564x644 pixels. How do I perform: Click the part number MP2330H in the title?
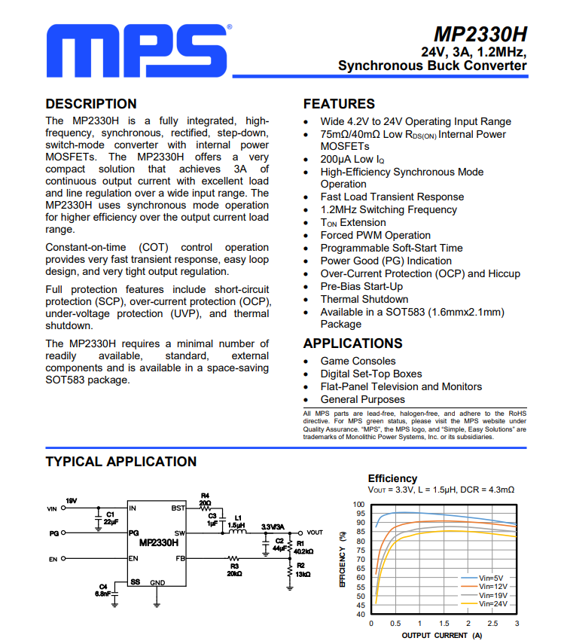coord(480,35)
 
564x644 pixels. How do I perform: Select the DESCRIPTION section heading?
coord(91,104)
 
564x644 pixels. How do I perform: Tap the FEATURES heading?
coord(338,104)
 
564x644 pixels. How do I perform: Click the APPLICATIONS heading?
coord(352,343)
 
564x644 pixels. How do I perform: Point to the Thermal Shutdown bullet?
coord(364,299)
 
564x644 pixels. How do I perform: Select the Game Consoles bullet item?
coord(358,361)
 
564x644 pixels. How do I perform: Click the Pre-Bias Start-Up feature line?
coord(361,286)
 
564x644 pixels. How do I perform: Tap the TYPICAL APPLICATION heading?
coord(120,461)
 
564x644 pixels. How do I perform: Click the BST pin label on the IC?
coord(178,508)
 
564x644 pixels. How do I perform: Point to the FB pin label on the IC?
coord(179,558)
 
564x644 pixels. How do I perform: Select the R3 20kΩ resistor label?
coord(234,570)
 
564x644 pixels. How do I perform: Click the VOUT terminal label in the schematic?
coord(315,533)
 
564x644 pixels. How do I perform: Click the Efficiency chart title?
coord(392,478)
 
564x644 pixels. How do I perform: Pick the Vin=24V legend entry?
coord(494,603)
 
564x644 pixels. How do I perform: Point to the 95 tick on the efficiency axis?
coord(359,514)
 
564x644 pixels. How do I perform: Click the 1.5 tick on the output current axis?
coord(444,624)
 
